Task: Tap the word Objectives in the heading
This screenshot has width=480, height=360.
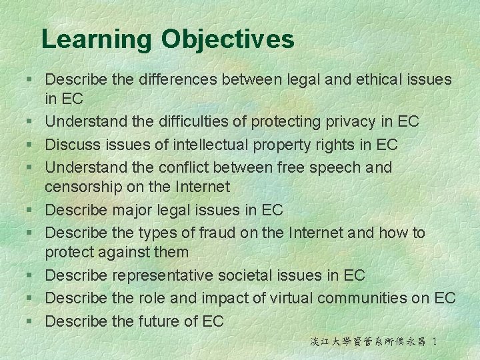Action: pos(227,40)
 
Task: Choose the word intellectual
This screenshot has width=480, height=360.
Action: pos(213,144)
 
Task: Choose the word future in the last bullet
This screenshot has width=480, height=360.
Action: pos(159,321)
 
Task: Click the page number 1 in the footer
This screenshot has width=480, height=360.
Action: pos(435,341)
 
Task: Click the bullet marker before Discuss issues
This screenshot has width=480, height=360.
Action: pos(31,145)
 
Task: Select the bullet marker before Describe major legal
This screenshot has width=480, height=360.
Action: pos(31,211)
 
